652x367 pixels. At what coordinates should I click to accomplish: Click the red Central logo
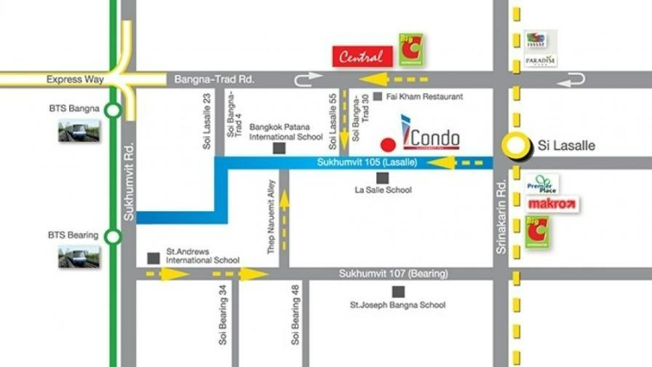362,56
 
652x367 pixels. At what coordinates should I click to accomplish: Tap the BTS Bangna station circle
113,111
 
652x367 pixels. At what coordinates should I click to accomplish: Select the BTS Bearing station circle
113,237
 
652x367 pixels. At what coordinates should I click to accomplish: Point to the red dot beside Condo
390,143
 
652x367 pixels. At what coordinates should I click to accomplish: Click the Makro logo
552,204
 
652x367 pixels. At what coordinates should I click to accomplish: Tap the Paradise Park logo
540,48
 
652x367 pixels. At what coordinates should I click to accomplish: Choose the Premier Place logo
541,184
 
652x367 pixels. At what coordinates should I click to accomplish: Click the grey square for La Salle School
382,178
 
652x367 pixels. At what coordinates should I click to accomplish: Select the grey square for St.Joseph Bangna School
397,292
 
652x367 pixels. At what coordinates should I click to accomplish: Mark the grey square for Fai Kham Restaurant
377,96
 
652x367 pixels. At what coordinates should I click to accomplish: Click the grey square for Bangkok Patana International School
279,149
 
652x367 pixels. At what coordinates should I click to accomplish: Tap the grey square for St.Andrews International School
154,258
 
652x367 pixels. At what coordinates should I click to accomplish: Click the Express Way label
75,79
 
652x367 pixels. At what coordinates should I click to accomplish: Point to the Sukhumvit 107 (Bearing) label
393,274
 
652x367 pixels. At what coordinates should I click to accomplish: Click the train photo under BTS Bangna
79,130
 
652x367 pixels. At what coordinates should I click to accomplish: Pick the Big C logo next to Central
411,50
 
